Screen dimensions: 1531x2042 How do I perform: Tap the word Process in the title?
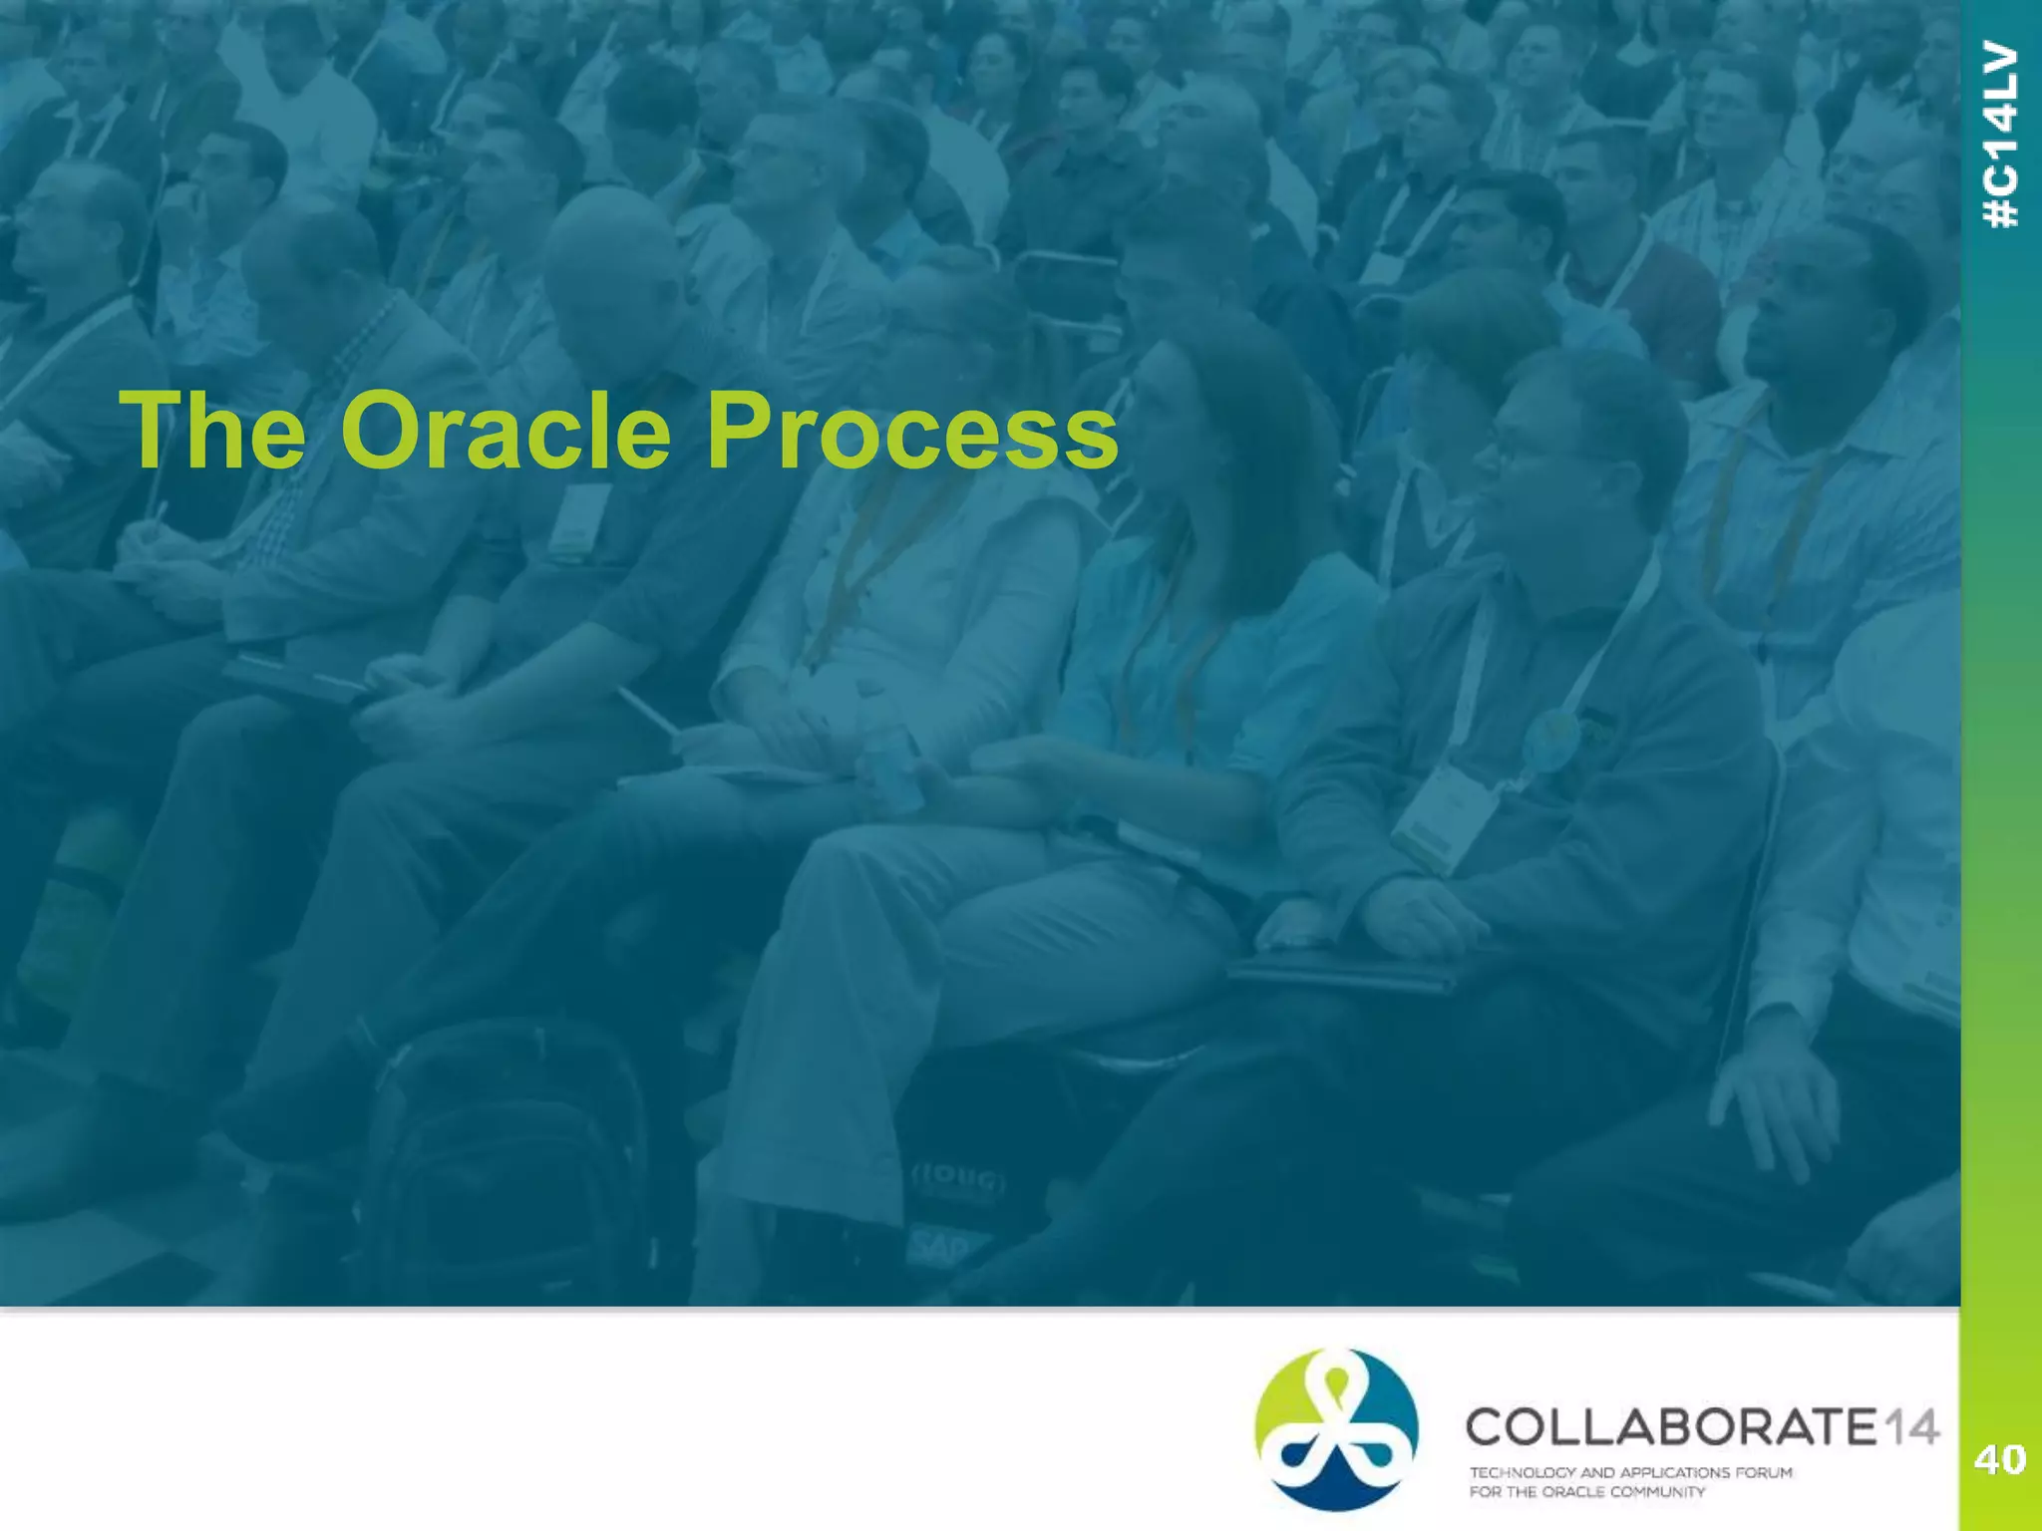911,431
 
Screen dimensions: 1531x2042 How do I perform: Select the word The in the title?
212,431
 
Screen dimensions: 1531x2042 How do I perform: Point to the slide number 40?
2000,1460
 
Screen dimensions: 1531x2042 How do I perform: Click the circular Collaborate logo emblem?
1336,1428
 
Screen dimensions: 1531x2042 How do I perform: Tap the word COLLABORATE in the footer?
1671,1427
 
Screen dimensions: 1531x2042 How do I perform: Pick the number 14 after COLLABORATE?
1910,1427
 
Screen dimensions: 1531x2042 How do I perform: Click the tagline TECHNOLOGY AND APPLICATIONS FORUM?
1630,1472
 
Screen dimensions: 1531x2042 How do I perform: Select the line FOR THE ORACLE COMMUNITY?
1586,1492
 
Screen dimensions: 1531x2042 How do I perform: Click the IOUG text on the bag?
959,1181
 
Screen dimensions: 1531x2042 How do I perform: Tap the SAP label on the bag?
937,1246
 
